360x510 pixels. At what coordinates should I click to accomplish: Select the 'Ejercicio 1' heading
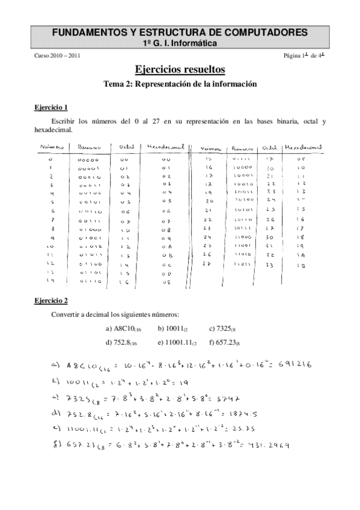51,108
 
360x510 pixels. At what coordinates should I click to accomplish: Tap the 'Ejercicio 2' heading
51,300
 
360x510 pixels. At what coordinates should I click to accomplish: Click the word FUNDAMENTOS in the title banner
88,32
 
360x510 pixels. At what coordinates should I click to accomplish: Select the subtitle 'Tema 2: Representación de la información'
180,84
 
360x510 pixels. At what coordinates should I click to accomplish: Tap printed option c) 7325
224,328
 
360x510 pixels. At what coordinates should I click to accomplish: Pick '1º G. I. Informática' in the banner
180,43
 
